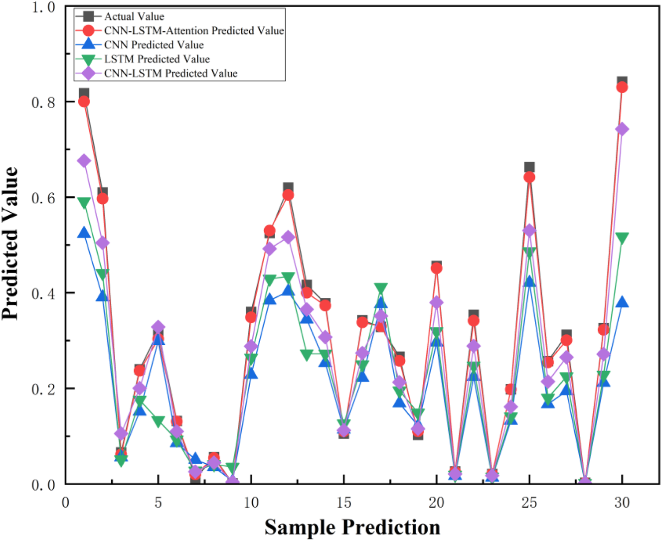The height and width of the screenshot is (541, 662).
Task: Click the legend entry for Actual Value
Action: pyautogui.click(x=134, y=16)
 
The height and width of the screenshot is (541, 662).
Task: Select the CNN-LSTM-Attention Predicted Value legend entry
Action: pyautogui.click(x=193, y=31)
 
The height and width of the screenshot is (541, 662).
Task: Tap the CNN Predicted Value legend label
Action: pyautogui.click(x=154, y=45)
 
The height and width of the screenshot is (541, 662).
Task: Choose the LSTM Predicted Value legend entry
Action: pyautogui.click(x=157, y=59)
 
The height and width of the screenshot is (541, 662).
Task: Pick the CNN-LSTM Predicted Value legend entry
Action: pyautogui.click(x=170, y=74)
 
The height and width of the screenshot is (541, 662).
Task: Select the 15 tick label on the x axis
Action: pyautogui.click(x=343, y=502)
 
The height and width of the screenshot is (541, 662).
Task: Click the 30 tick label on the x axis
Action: pyautogui.click(x=622, y=502)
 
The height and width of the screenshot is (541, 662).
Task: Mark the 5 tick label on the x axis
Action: pyautogui.click(x=158, y=502)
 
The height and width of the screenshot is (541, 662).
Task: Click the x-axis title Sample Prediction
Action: pyautogui.click(x=352, y=527)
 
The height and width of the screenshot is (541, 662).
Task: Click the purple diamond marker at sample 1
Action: pyautogui.click(x=84, y=161)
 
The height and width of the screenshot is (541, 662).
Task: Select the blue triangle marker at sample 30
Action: pyautogui.click(x=622, y=302)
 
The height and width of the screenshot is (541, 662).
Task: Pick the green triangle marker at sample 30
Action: pyautogui.click(x=622, y=238)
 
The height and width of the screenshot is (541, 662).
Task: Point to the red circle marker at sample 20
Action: pyautogui.click(x=436, y=268)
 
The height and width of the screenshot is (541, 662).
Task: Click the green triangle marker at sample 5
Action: pyautogui.click(x=158, y=421)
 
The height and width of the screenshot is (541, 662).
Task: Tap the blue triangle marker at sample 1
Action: pyautogui.click(x=84, y=233)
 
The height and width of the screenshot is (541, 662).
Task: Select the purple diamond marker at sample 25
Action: pyautogui.click(x=529, y=231)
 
